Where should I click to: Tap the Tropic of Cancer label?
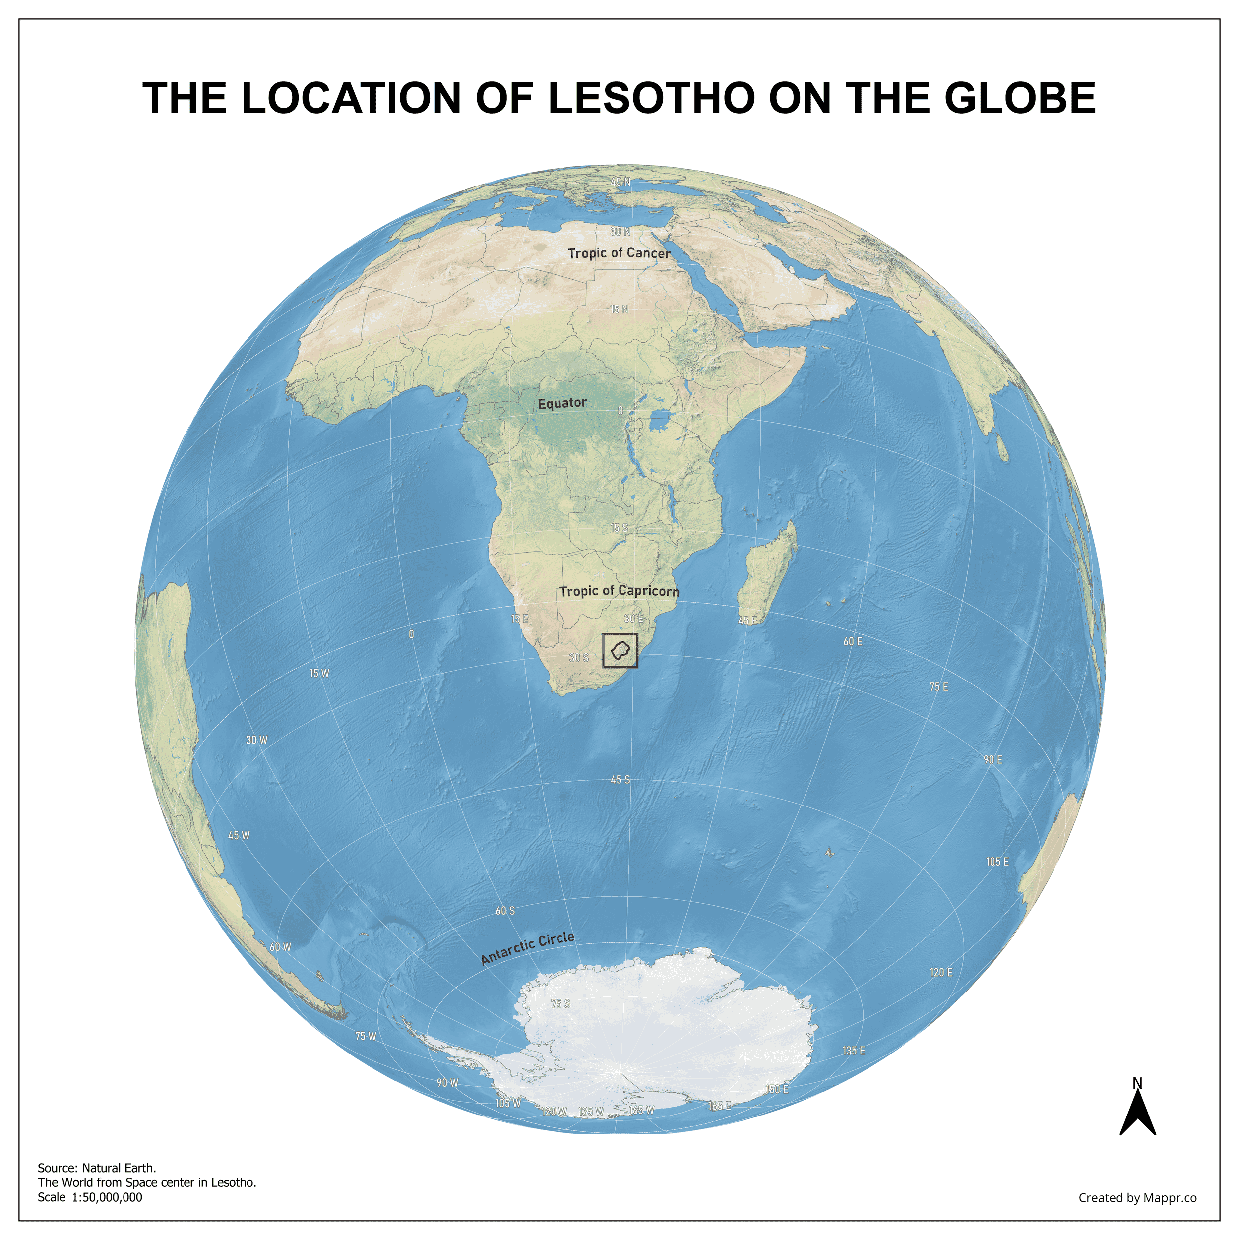coord(619,253)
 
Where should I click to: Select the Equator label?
coord(562,403)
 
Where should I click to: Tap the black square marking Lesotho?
coord(620,650)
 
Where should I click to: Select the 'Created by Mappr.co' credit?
coord(1137,1198)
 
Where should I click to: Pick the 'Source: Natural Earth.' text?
coord(97,1168)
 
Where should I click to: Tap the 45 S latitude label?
coord(620,780)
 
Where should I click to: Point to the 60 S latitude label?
coord(505,911)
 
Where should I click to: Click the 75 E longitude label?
coord(938,687)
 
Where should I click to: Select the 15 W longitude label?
coord(319,673)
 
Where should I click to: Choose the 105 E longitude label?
coord(997,862)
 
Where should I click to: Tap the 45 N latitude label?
coord(620,182)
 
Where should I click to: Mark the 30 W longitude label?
coord(257,740)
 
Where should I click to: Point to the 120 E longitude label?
coord(941,972)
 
